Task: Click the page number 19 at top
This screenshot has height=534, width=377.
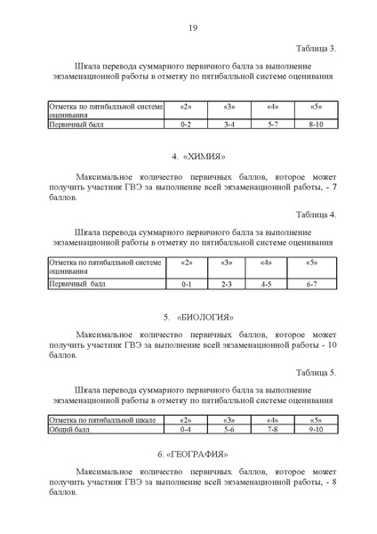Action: (192, 28)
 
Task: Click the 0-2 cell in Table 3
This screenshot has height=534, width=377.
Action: (187, 126)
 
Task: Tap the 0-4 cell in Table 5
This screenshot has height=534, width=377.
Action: (187, 429)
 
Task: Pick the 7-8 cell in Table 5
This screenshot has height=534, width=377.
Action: (272, 429)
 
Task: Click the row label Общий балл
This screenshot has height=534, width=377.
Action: (70, 429)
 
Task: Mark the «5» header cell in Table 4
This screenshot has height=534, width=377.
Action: (311, 263)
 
